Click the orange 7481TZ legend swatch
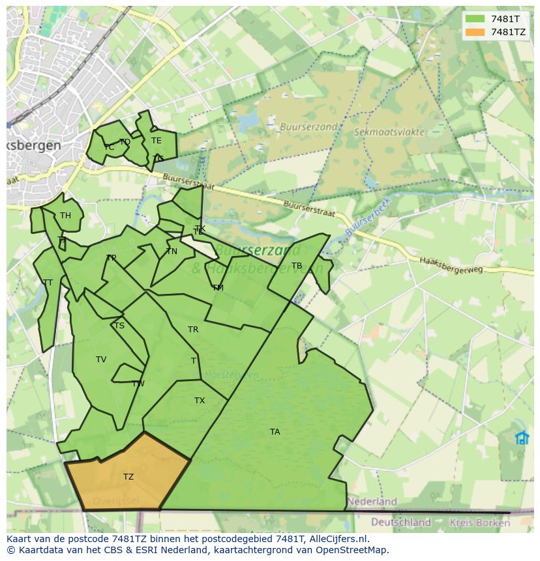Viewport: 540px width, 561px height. pyautogui.click(x=475, y=32)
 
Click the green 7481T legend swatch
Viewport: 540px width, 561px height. pyautogui.click(x=475, y=19)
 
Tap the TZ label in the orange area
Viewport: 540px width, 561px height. pyautogui.click(x=128, y=477)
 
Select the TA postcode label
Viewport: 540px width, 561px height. pyautogui.click(x=275, y=432)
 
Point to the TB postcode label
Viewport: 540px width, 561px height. pyautogui.click(x=297, y=266)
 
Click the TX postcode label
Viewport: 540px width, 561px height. pyautogui.click(x=200, y=401)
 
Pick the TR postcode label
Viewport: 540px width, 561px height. pyautogui.click(x=193, y=330)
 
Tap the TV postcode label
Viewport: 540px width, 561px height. pyautogui.click(x=101, y=360)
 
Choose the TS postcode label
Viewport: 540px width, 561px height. pyautogui.click(x=119, y=326)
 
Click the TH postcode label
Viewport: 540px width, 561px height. pyautogui.click(x=65, y=216)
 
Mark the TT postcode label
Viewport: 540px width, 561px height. pyautogui.click(x=48, y=283)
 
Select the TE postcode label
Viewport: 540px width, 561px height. pyautogui.click(x=156, y=141)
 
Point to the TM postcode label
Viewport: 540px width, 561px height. pyautogui.click(x=218, y=288)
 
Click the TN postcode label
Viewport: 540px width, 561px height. pyautogui.click(x=172, y=252)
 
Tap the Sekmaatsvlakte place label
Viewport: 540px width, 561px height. pyautogui.click(x=389, y=132)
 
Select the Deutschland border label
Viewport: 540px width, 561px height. pyautogui.click(x=401, y=522)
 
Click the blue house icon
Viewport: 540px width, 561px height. pyautogui.click(x=522, y=438)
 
